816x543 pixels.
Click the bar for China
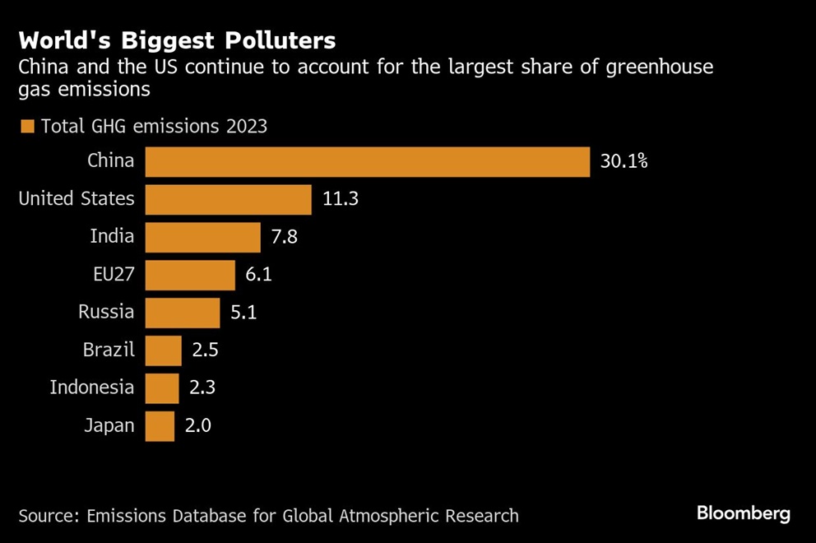point(368,161)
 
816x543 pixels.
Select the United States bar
point(229,199)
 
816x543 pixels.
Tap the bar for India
point(202,237)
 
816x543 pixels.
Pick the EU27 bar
point(190,275)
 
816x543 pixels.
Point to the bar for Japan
point(160,426)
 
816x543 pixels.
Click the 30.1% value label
point(624,161)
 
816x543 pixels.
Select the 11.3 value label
point(340,199)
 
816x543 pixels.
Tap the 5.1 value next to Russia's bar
point(243,313)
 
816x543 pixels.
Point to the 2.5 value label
point(205,350)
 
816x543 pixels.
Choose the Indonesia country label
point(91,388)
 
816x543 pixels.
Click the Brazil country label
point(108,350)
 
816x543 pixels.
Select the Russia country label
point(106,312)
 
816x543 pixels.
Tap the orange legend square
point(27,127)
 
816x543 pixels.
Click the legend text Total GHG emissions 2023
point(154,127)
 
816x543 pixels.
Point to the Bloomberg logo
point(744,514)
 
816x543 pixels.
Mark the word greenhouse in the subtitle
point(661,67)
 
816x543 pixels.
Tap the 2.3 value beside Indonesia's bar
point(202,388)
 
